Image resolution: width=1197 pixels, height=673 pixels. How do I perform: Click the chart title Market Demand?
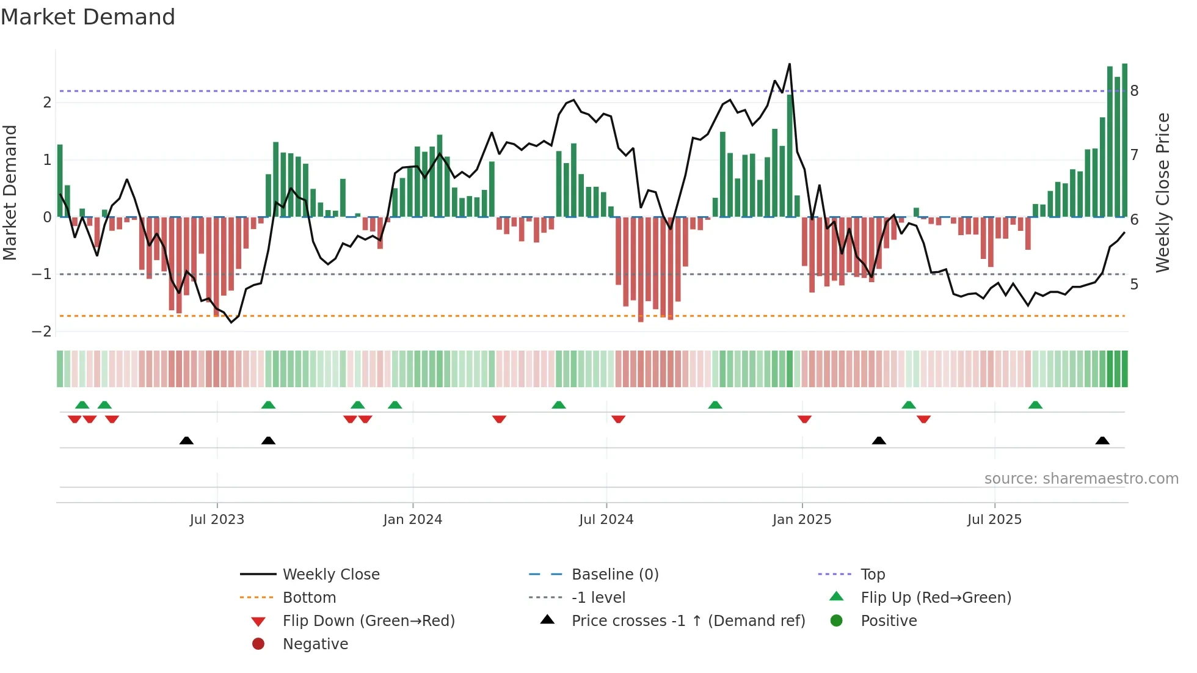click(88, 17)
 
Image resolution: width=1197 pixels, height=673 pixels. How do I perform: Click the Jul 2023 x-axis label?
click(217, 520)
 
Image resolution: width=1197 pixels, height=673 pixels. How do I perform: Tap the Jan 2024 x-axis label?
click(412, 520)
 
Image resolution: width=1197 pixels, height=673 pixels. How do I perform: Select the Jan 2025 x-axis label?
click(801, 520)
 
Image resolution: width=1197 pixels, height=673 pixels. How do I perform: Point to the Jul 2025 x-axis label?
click(994, 520)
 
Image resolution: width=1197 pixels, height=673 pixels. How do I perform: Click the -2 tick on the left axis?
click(42, 332)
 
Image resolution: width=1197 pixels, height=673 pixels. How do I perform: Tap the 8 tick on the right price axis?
click(1134, 91)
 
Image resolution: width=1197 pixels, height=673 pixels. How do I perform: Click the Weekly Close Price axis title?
click(1163, 192)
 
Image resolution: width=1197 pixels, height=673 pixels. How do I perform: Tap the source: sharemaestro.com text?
click(1081, 479)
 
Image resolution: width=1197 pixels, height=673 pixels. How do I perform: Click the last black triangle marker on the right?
click(1102, 441)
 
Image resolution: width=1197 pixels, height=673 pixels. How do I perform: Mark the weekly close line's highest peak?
click(790, 64)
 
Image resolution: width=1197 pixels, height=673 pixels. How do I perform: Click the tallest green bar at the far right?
click(1124, 140)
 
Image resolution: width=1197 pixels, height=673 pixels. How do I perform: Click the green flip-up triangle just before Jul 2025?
click(909, 405)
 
